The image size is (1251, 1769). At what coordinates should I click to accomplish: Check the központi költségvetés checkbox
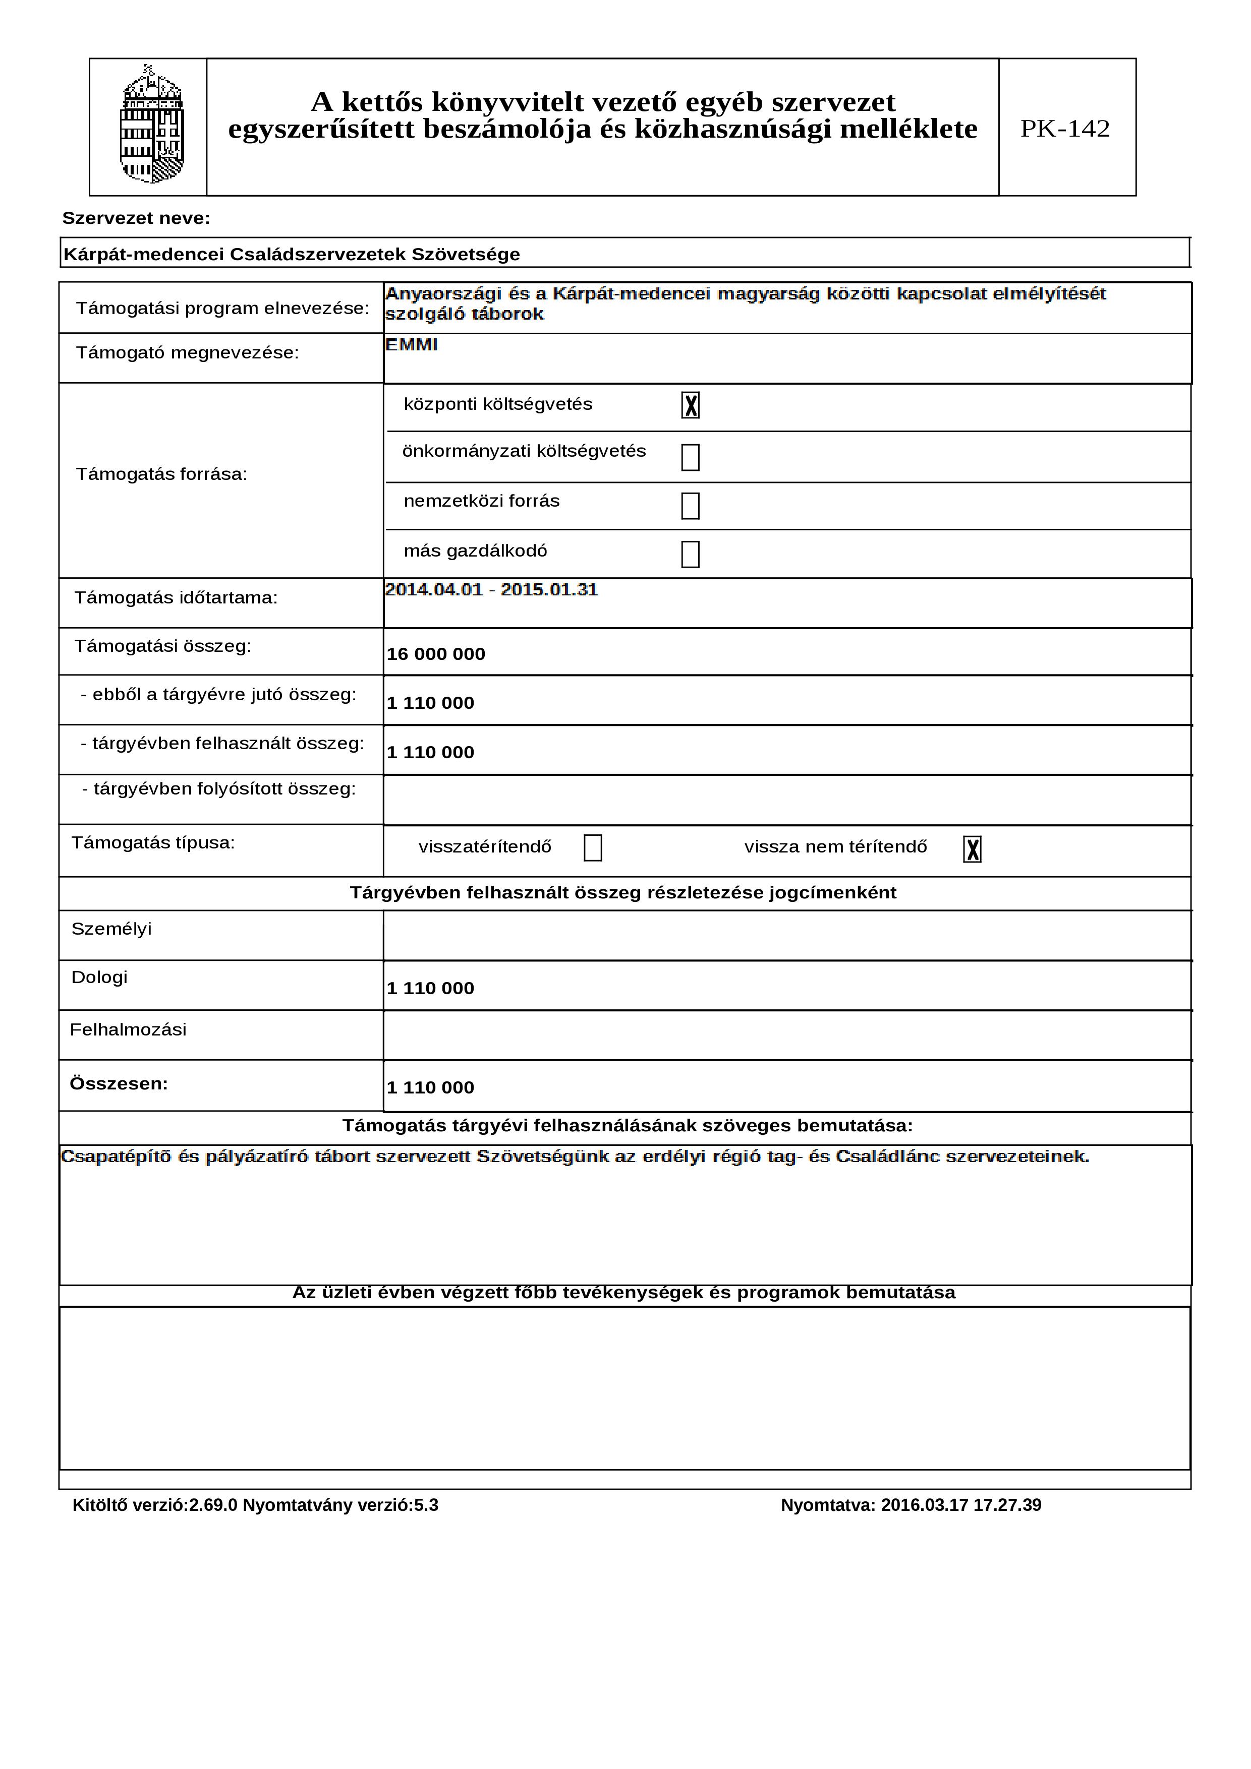pos(690,405)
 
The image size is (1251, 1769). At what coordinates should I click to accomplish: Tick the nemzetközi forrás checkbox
pos(690,506)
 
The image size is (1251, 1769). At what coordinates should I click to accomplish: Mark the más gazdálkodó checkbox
pos(690,554)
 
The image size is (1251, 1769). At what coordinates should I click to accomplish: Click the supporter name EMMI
pos(412,345)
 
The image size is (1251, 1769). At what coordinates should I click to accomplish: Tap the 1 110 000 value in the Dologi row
pos(430,989)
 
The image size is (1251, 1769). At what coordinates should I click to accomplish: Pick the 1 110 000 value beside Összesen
pos(430,1088)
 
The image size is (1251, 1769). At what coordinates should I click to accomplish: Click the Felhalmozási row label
pos(128,1030)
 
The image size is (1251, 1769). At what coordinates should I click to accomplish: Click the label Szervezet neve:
pos(136,219)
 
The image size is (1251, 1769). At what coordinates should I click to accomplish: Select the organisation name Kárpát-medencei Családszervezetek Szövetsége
pos(292,254)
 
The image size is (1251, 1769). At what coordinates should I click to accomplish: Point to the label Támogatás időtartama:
pos(176,598)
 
